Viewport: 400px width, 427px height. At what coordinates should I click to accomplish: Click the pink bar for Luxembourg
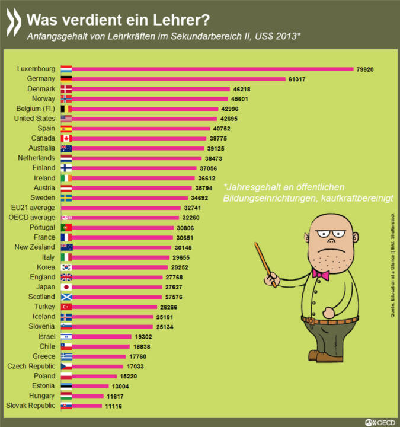point(213,69)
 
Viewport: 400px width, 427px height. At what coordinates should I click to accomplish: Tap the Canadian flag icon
point(66,138)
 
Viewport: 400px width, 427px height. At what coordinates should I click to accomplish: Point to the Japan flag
point(66,287)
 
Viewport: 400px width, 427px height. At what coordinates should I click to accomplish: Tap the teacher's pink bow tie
point(322,275)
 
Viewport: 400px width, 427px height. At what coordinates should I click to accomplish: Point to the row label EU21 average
point(33,208)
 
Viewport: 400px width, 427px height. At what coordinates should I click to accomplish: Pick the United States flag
point(66,119)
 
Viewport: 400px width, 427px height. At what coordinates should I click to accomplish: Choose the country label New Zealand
point(35,247)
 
